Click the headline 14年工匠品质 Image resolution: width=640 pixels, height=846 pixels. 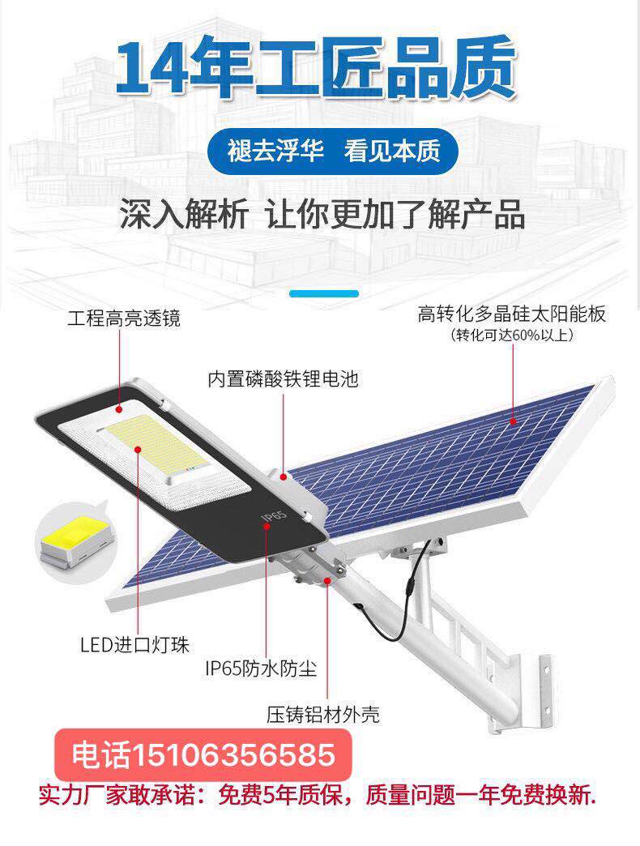coord(316,68)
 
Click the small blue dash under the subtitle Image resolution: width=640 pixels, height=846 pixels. coord(323,294)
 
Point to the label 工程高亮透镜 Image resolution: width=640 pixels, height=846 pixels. coord(123,318)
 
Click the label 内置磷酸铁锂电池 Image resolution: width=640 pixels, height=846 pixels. coord(282,378)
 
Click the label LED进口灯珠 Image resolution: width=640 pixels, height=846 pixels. coord(134,646)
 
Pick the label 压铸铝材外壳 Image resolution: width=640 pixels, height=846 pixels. coord(323,715)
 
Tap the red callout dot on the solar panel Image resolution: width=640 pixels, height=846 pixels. coord(514,422)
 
